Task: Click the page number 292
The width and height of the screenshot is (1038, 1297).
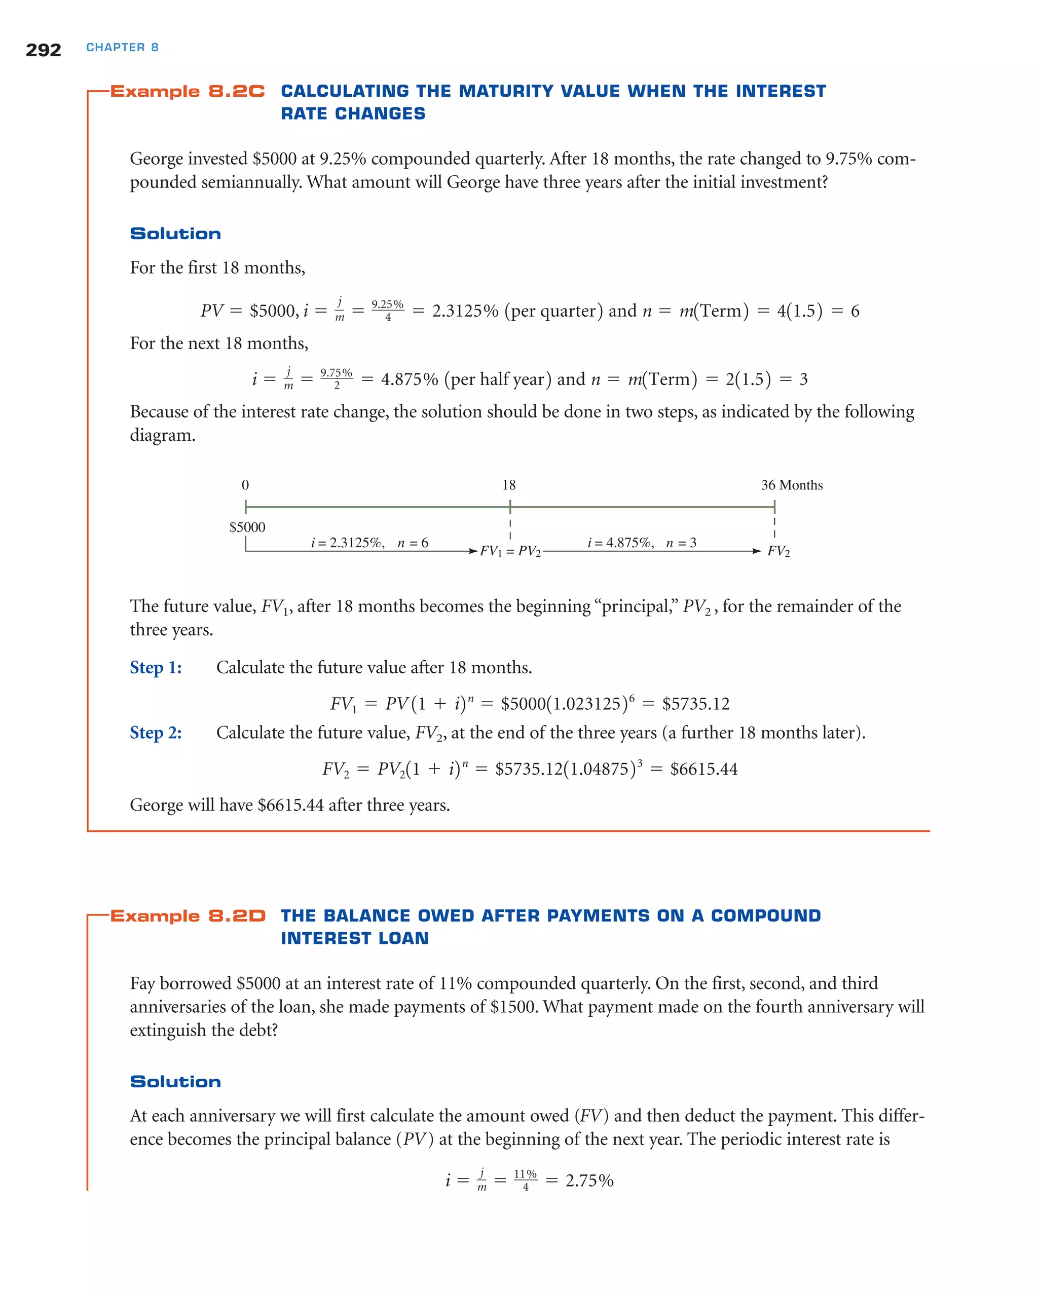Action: click(x=43, y=50)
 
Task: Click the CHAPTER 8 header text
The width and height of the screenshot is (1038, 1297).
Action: click(x=122, y=48)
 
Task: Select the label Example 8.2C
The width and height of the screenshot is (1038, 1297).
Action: click(x=187, y=91)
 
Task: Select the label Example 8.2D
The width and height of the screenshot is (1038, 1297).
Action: click(x=188, y=915)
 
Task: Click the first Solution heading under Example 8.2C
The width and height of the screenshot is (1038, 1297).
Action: click(x=175, y=234)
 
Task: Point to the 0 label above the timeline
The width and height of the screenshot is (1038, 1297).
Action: click(x=245, y=485)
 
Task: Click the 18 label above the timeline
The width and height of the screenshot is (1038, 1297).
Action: click(x=509, y=485)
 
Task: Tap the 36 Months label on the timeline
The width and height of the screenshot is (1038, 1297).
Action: click(x=791, y=485)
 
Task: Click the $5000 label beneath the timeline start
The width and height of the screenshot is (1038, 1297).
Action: click(x=247, y=527)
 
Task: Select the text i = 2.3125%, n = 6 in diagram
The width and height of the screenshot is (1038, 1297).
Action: click(x=369, y=543)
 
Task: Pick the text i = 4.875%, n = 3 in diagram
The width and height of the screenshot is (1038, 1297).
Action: click(x=642, y=543)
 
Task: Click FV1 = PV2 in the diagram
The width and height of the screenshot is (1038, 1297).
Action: click(x=510, y=551)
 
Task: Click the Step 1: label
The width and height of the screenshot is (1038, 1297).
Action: click(x=156, y=667)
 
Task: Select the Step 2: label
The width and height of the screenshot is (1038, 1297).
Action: click(x=156, y=732)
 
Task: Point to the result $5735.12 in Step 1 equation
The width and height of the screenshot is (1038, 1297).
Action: click(x=695, y=704)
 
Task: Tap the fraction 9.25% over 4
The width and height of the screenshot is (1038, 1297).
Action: click(x=388, y=311)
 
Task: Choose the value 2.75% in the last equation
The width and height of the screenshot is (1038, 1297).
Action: click(x=589, y=1181)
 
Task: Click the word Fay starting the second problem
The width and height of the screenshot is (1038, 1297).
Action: click(x=142, y=983)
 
